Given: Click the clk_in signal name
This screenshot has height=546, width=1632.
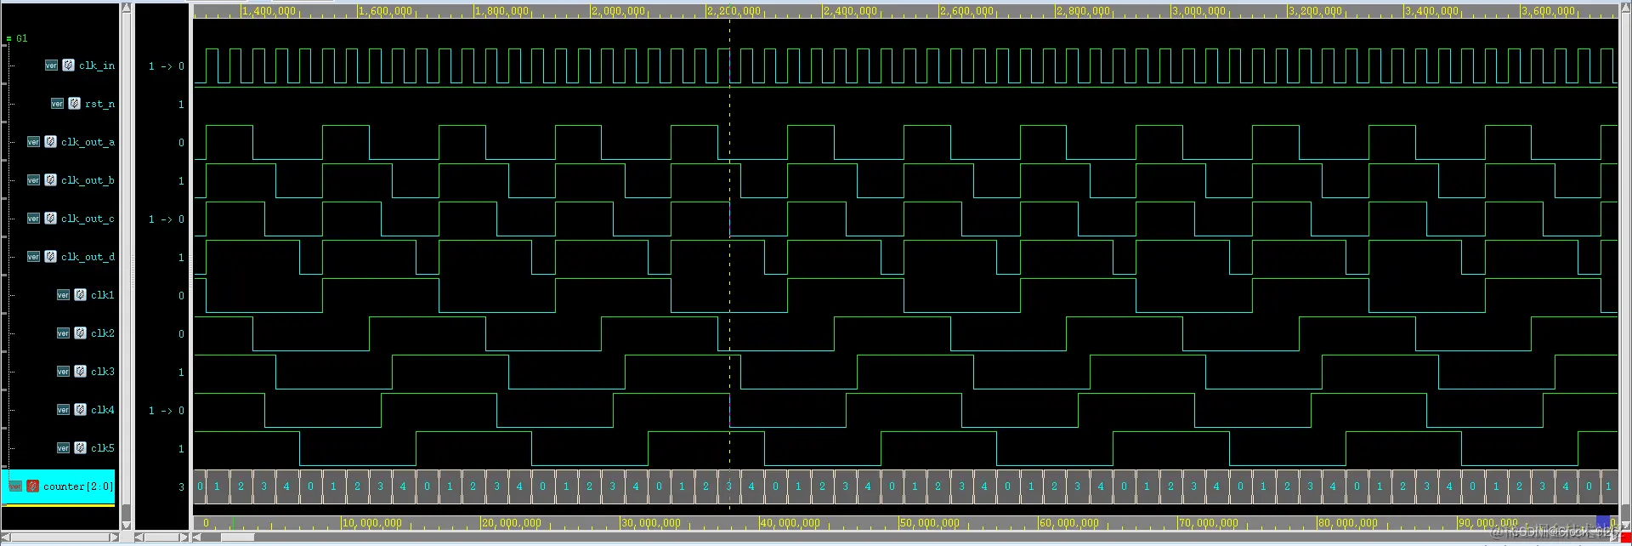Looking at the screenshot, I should [96, 65].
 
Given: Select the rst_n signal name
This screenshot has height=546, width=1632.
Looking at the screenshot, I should [99, 104].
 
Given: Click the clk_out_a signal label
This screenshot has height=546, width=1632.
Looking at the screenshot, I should [87, 142].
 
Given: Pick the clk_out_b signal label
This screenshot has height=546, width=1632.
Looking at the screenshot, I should [87, 180].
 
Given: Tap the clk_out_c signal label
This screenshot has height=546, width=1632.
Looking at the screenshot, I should [87, 219].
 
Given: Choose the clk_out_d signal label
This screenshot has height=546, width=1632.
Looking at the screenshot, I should [87, 257].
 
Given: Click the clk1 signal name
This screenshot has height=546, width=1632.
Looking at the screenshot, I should [102, 295].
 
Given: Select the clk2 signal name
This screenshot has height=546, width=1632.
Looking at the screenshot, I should [102, 333].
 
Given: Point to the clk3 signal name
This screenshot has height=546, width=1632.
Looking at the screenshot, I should [102, 372].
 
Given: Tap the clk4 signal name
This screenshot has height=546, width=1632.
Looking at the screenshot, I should [102, 410].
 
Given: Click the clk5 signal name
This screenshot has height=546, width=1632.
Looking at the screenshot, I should [102, 448].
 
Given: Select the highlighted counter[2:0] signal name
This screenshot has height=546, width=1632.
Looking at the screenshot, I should [77, 486].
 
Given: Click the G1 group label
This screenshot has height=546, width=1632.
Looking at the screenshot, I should [21, 38].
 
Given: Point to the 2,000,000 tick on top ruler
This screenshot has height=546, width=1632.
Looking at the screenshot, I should [618, 11].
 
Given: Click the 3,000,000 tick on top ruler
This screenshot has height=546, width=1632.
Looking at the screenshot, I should [1199, 11].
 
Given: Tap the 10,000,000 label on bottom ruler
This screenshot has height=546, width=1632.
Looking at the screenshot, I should [371, 523].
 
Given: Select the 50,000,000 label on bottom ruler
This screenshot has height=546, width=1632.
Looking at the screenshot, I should [929, 523].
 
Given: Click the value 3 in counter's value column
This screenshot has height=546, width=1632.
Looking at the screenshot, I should [181, 487].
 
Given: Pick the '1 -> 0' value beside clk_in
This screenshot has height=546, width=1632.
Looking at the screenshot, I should [166, 66].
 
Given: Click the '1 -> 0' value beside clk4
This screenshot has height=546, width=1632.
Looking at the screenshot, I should [166, 411].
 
